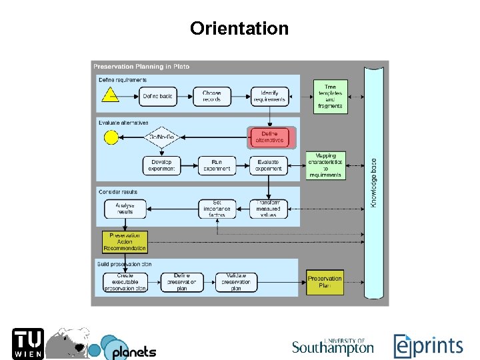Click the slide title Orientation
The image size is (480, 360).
239,29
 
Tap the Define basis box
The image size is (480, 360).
157,97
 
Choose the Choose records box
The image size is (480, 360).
213,97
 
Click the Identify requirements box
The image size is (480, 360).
269,97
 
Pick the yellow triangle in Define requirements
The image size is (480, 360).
110,95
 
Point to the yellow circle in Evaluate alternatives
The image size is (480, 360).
111,137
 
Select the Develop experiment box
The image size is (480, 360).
161,165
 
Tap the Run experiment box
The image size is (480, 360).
217,165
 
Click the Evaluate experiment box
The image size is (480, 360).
269,165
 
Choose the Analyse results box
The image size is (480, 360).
125,209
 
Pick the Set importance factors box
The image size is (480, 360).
217,209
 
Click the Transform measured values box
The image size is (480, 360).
269,209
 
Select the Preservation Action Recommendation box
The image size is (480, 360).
125,241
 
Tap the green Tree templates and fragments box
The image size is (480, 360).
330,96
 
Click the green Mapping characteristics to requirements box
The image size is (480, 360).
325,165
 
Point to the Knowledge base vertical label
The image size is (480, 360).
373,182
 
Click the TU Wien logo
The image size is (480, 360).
27,344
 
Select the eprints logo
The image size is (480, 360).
427,346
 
